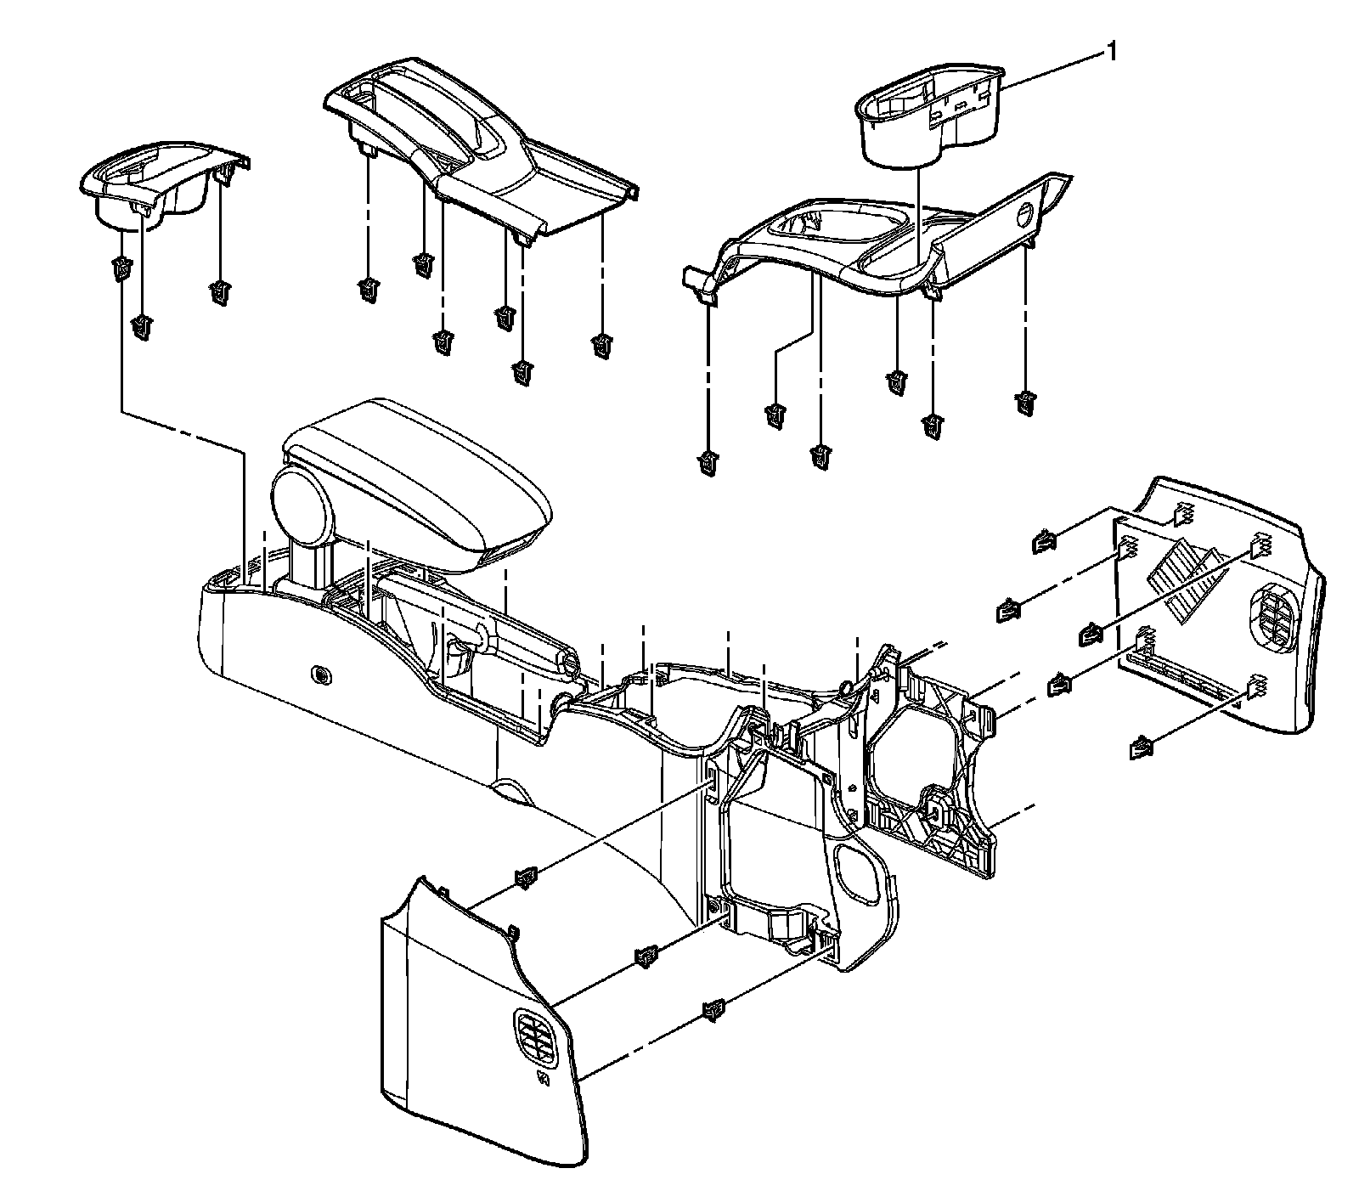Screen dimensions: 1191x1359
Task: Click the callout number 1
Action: tap(1108, 54)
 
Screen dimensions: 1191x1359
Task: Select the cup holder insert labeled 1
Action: tap(926, 119)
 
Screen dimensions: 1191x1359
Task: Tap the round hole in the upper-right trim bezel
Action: tap(1024, 214)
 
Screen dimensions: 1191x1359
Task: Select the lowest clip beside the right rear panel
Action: tap(1141, 748)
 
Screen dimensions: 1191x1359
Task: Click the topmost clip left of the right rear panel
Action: tap(1043, 540)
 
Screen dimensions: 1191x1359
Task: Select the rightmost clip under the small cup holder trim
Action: tap(221, 292)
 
